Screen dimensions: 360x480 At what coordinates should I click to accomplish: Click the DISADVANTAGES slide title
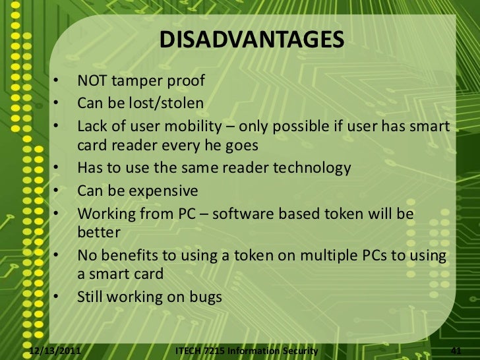pyautogui.click(x=251, y=40)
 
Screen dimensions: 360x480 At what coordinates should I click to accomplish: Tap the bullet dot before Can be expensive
pyautogui.click(x=57, y=191)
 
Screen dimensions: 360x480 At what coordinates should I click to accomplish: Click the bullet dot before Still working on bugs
pyautogui.click(x=57, y=297)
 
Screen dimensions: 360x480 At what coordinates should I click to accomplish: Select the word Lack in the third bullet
pyautogui.click(x=92, y=125)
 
